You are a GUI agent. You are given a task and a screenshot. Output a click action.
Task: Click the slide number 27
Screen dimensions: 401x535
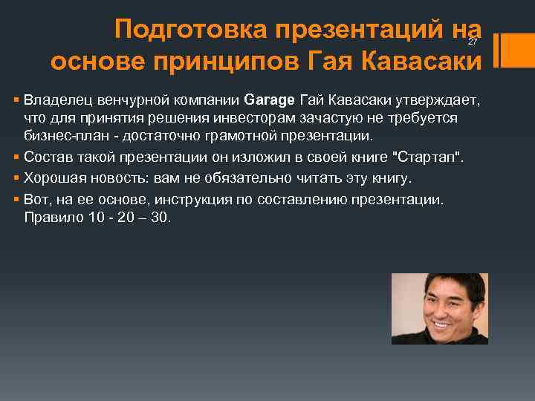(x=472, y=42)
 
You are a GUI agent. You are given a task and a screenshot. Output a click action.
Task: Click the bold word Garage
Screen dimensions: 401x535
(x=268, y=100)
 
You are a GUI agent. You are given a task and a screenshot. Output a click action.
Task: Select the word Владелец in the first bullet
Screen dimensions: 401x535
(x=53, y=100)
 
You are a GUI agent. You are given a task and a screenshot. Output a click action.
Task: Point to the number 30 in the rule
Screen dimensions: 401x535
(x=160, y=218)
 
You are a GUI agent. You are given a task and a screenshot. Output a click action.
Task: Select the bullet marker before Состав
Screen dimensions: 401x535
(x=16, y=157)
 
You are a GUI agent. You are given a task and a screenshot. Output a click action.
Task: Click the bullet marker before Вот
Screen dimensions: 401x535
(x=16, y=198)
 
